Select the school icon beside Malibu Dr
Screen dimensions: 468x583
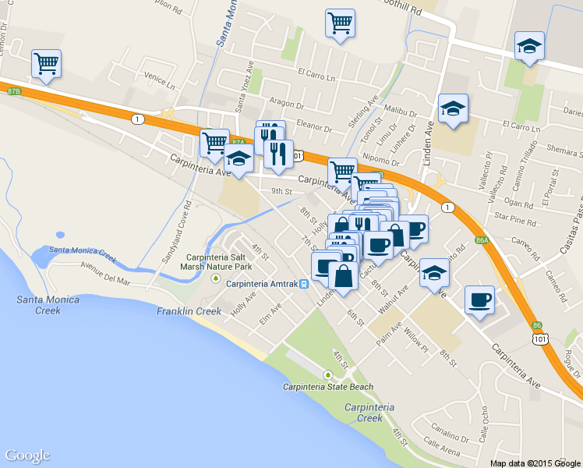click(x=452, y=110)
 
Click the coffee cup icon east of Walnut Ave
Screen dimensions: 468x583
click(x=479, y=300)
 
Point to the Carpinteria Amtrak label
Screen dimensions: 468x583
click(x=262, y=283)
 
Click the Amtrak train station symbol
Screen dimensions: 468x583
click(x=304, y=283)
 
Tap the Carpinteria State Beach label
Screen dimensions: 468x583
click(x=327, y=387)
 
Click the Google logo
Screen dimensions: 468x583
click(x=27, y=456)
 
